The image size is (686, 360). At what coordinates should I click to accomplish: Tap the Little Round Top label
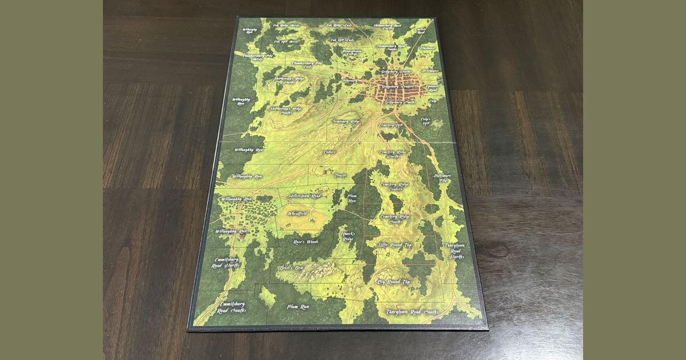pyautogui.click(x=395, y=245)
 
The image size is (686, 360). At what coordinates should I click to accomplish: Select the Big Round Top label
pyautogui.click(x=394, y=282)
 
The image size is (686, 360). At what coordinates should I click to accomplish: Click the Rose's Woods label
pyautogui.click(x=306, y=242)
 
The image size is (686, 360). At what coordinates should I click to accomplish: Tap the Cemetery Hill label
pyautogui.click(x=392, y=125)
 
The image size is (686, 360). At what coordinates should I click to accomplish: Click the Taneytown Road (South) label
pyautogui.click(x=412, y=312)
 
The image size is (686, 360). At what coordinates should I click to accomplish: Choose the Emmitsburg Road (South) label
pyautogui.click(x=232, y=307)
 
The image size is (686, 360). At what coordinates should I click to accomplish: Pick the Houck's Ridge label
pyautogui.click(x=349, y=236)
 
